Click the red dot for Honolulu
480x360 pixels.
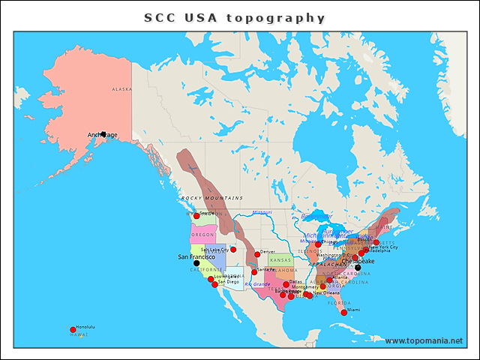(x=73, y=329)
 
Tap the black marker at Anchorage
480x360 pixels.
(x=103, y=134)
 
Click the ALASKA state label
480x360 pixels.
(x=121, y=89)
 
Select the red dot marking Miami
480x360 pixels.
(x=343, y=312)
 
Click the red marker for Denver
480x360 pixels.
(x=256, y=254)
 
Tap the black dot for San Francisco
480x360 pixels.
(x=196, y=263)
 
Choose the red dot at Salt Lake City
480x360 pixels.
(x=233, y=250)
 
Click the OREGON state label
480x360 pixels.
(x=202, y=235)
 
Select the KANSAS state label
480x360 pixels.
(x=280, y=260)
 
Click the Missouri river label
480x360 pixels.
(x=262, y=212)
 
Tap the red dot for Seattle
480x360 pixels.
(x=196, y=216)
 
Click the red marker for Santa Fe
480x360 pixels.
(x=254, y=271)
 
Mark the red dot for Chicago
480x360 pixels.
(x=318, y=244)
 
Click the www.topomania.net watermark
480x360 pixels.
(x=423, y=341)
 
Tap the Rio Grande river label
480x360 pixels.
(x=258, y=284)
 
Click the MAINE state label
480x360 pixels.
(x=383, y=226)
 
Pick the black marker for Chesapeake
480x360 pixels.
(x=358, y=268)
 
